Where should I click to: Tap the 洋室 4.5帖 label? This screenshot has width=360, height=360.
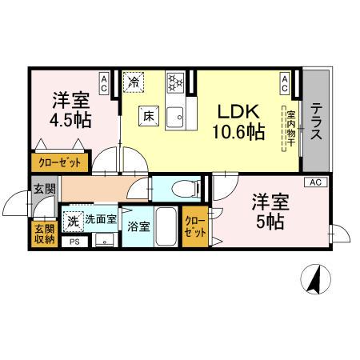71,110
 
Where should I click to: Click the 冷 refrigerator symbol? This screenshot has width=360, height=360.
134,82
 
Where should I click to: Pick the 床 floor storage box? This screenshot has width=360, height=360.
149,115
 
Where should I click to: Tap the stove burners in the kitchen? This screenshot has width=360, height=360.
175,82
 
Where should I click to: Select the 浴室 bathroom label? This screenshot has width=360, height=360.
138,226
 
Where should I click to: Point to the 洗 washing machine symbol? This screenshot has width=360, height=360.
73,219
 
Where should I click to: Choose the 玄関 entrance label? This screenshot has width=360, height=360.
44,190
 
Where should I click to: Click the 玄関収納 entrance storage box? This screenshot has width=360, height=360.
44,234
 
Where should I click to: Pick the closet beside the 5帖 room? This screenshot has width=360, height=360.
194,227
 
